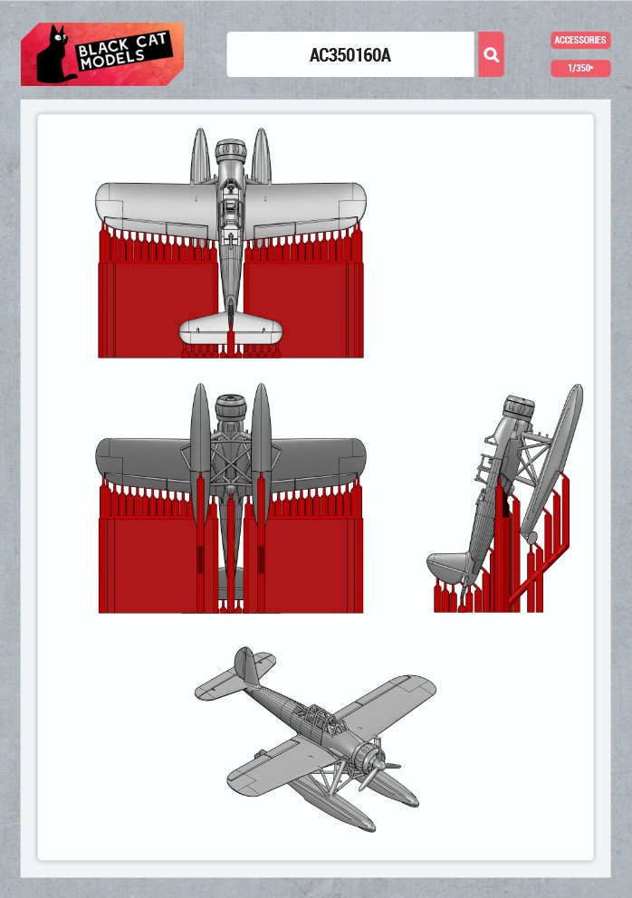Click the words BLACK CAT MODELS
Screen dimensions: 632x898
click(123, 51)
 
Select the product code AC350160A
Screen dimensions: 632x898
click(350, 55)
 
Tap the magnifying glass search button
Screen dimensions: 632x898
click(491, 54)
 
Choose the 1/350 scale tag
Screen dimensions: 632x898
click(580, 68)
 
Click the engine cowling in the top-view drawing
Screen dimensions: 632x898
click(230, 150)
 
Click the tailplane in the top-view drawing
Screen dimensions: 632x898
click(230, 330)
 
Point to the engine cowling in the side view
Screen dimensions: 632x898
click(519, 407)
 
